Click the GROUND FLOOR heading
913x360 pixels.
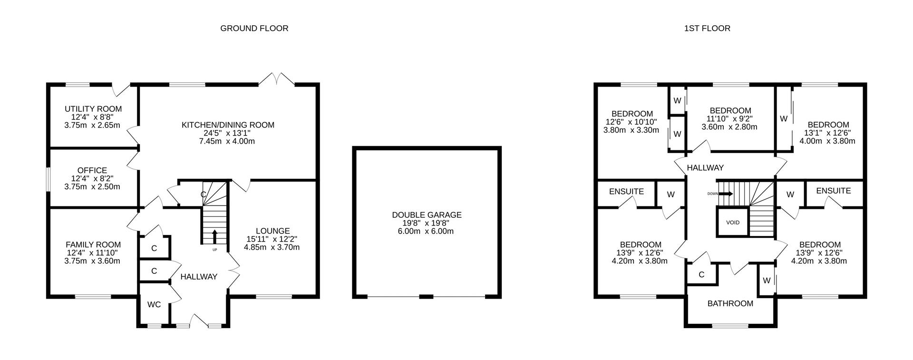[x=254, y=28]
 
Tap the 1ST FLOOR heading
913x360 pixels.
[x=707, y=28]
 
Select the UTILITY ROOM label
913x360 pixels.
[x=93, y=109]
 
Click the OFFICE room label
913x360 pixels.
[x=92, y=170]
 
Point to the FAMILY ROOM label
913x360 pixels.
[x=93, y=245]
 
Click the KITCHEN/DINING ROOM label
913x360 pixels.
[x=228, y=125]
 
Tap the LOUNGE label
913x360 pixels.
[x=272, y=231]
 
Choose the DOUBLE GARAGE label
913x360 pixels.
[x=427, y=215]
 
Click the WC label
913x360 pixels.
[x=154, y=304]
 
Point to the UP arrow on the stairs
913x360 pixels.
[x=214, y=236]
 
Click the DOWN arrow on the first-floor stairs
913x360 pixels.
[x=725, y=194]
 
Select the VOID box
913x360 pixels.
[x=732, y=223]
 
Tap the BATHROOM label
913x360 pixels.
[x=730, y=303]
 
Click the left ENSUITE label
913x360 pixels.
[x=626, y=191]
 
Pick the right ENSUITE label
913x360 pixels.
[x=833, y=191]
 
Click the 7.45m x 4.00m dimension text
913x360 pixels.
[x=228, y=141]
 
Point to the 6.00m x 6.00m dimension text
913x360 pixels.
[x=427, y=231]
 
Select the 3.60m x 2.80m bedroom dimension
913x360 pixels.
[x=729, y=127]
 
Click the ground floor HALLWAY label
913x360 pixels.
[x=199, y=277]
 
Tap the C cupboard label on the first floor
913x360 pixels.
[x=701, y=275]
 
